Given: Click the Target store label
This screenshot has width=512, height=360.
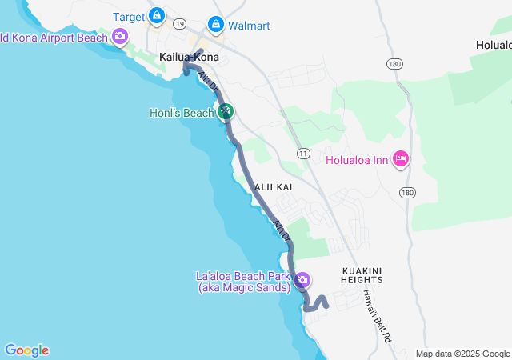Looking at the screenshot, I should pos(128,16).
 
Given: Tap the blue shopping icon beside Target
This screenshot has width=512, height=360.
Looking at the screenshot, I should pos(156,15).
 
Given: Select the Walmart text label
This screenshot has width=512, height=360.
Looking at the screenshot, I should pos(249,26).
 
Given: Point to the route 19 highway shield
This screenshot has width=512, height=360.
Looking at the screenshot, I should pos(180,25).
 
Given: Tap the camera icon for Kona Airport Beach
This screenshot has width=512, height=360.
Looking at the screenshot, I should pos(120,36).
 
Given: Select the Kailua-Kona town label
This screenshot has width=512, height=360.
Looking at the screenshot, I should pos(189,57).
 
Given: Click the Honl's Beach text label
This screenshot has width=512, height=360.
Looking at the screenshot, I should pos(182,113).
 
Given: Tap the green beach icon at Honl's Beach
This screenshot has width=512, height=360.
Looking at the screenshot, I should pos(226,112).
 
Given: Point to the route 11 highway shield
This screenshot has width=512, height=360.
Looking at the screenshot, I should pos(302,153).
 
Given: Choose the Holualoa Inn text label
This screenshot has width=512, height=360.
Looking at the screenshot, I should pos(358,160).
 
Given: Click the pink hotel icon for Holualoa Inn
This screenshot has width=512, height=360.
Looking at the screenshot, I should pos(402,159).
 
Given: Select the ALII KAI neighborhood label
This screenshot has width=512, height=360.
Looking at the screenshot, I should pos(274,186).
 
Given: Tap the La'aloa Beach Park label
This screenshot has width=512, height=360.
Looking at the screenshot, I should pos(244,282).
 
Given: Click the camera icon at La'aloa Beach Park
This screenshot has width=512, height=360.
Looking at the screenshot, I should pos(303,281).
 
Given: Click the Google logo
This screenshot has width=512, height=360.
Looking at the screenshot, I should pos(26,350).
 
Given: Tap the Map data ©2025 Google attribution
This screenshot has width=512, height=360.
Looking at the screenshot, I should pos(462,354).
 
